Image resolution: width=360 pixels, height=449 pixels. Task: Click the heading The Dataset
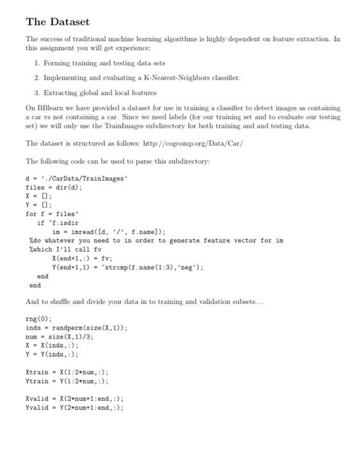tap(58, 22)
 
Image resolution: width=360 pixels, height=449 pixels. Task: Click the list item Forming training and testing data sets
tap(101, 63)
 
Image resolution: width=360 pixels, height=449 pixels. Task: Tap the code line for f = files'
tap(49, 214)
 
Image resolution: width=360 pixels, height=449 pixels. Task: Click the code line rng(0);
tap(39, 318)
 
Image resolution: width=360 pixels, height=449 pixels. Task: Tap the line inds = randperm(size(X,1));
tap(77, 327)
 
